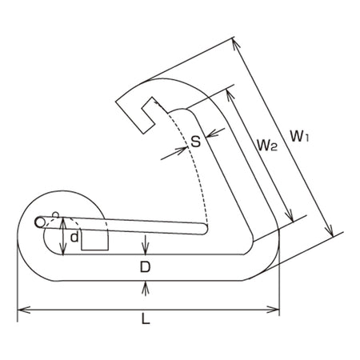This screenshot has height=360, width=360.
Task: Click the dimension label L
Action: click(x=146, y=318)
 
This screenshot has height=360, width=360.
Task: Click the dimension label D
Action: click(x=146, y=266)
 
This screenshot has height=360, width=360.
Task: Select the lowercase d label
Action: click(x=74, y=237)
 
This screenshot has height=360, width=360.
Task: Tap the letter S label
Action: click(x=196, y=142)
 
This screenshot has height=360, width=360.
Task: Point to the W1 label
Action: click(x=299, y=136)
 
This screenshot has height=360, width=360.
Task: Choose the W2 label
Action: click(x=267, y=146)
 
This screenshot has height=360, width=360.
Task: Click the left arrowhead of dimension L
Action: click(x=23, y=310)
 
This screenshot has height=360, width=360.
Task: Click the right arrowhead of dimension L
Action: click(x=274, y=310)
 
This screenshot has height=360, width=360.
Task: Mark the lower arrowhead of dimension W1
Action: click(x=330, y=230)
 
